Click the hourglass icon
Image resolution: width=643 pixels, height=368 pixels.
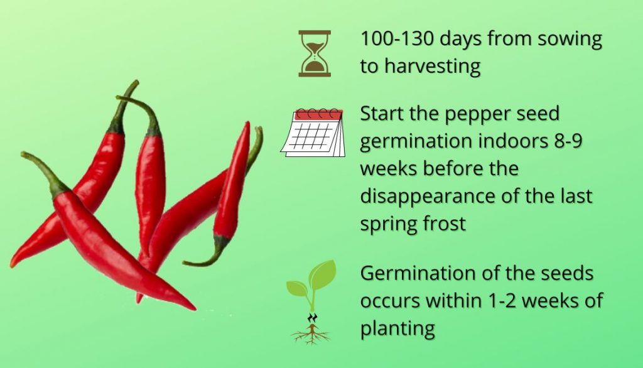click(x=315, y=53)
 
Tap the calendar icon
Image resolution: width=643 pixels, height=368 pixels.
click(x=313, y=133)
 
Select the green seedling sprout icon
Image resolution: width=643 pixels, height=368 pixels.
click(x=311, y=302)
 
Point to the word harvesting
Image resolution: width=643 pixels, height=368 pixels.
click(x=432, y=67)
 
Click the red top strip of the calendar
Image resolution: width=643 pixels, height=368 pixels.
click(x=319, y=115)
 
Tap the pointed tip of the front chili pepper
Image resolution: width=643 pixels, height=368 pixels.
click(x=195, y=308)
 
